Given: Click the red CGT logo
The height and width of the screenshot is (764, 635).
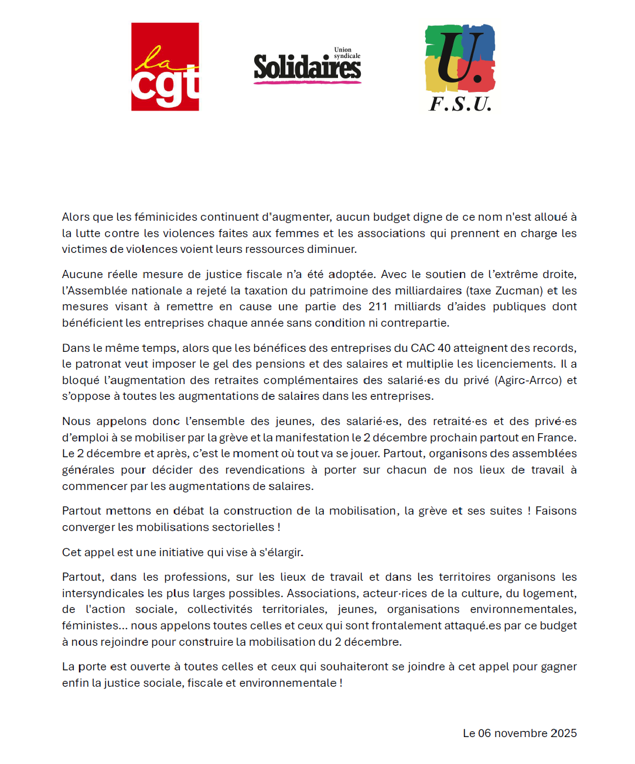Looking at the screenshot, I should [x=165, y=67].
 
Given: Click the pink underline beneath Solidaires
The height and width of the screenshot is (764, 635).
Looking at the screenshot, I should [x=307, y=82].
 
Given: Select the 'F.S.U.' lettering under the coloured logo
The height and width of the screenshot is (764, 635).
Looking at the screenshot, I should [x=460, y=104].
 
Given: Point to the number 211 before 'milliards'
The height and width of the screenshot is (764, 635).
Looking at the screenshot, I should [x=378, y=307].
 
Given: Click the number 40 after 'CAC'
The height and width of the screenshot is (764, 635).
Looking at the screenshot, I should [x=444, y=348].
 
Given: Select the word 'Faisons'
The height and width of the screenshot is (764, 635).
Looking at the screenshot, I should [x=556, y=511].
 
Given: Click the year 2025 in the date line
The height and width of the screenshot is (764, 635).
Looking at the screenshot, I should [x=562, y=734].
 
